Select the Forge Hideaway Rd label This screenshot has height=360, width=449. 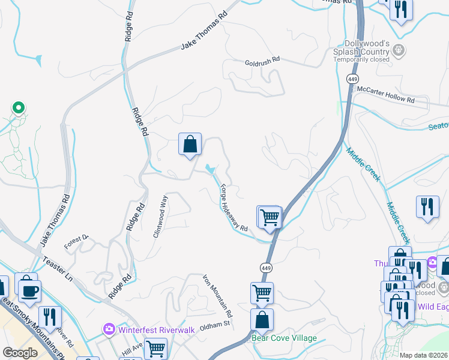click(x=234, y=207)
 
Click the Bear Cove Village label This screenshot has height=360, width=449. click(x=284, y=338)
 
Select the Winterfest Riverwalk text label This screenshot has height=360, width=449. click(x=148, y=329)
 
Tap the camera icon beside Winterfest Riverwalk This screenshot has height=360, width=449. click(x=109, y=329)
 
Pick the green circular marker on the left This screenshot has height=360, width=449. click(x=18, y=108)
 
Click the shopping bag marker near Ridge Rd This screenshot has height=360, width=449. click(x=190, y=145)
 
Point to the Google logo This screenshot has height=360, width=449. click(x=20, y=353)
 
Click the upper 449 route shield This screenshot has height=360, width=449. click(x=352, y=79)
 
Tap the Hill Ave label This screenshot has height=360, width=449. click(x=132, y=349)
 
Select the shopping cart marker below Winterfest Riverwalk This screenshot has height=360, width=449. click(x=156, y=348)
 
